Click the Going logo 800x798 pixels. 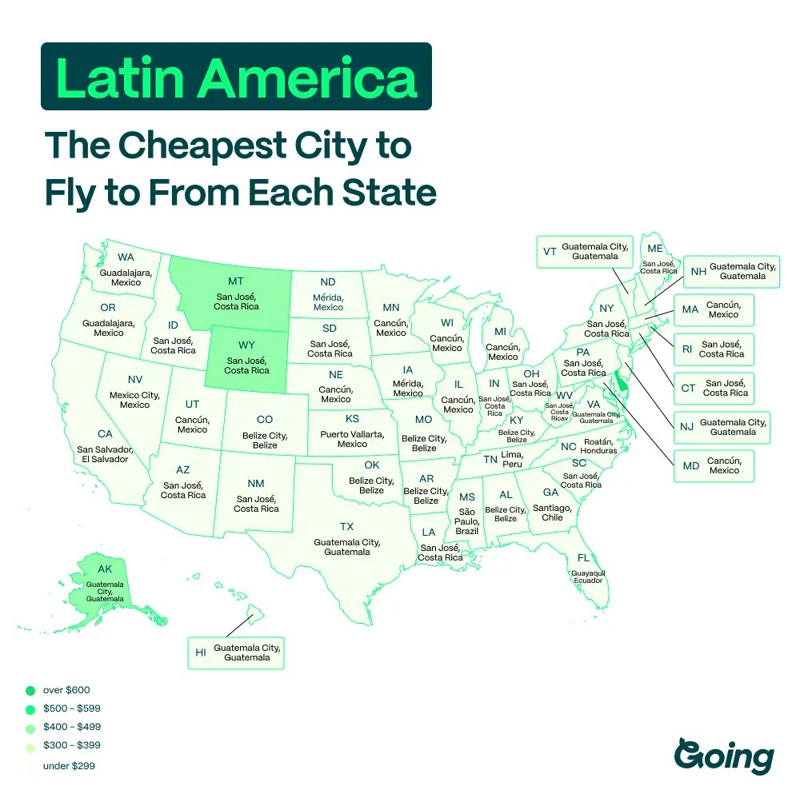pos(724,756)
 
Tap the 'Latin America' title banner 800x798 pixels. pos(236,77)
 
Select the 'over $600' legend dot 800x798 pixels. pos(30,690)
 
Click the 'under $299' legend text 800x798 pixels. pos(70,766)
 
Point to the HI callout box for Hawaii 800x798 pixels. pos(236,652)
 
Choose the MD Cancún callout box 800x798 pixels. pos(713,465)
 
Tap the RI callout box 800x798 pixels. pos(713,349)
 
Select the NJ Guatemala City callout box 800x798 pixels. pos(721,427)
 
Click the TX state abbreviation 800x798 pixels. pos(346,526)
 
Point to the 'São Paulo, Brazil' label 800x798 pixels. pos(467,521)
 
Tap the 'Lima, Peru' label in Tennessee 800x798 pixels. pos(512,459)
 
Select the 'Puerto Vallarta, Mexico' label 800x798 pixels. pos(352,439)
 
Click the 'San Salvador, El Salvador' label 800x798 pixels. pos(103,454)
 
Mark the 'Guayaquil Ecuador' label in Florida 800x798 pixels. pos(588,577)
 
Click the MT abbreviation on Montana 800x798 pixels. pos(235,281)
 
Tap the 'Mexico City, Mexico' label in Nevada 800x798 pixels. pos(134,400)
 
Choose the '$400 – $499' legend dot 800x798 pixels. pos(30,728)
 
